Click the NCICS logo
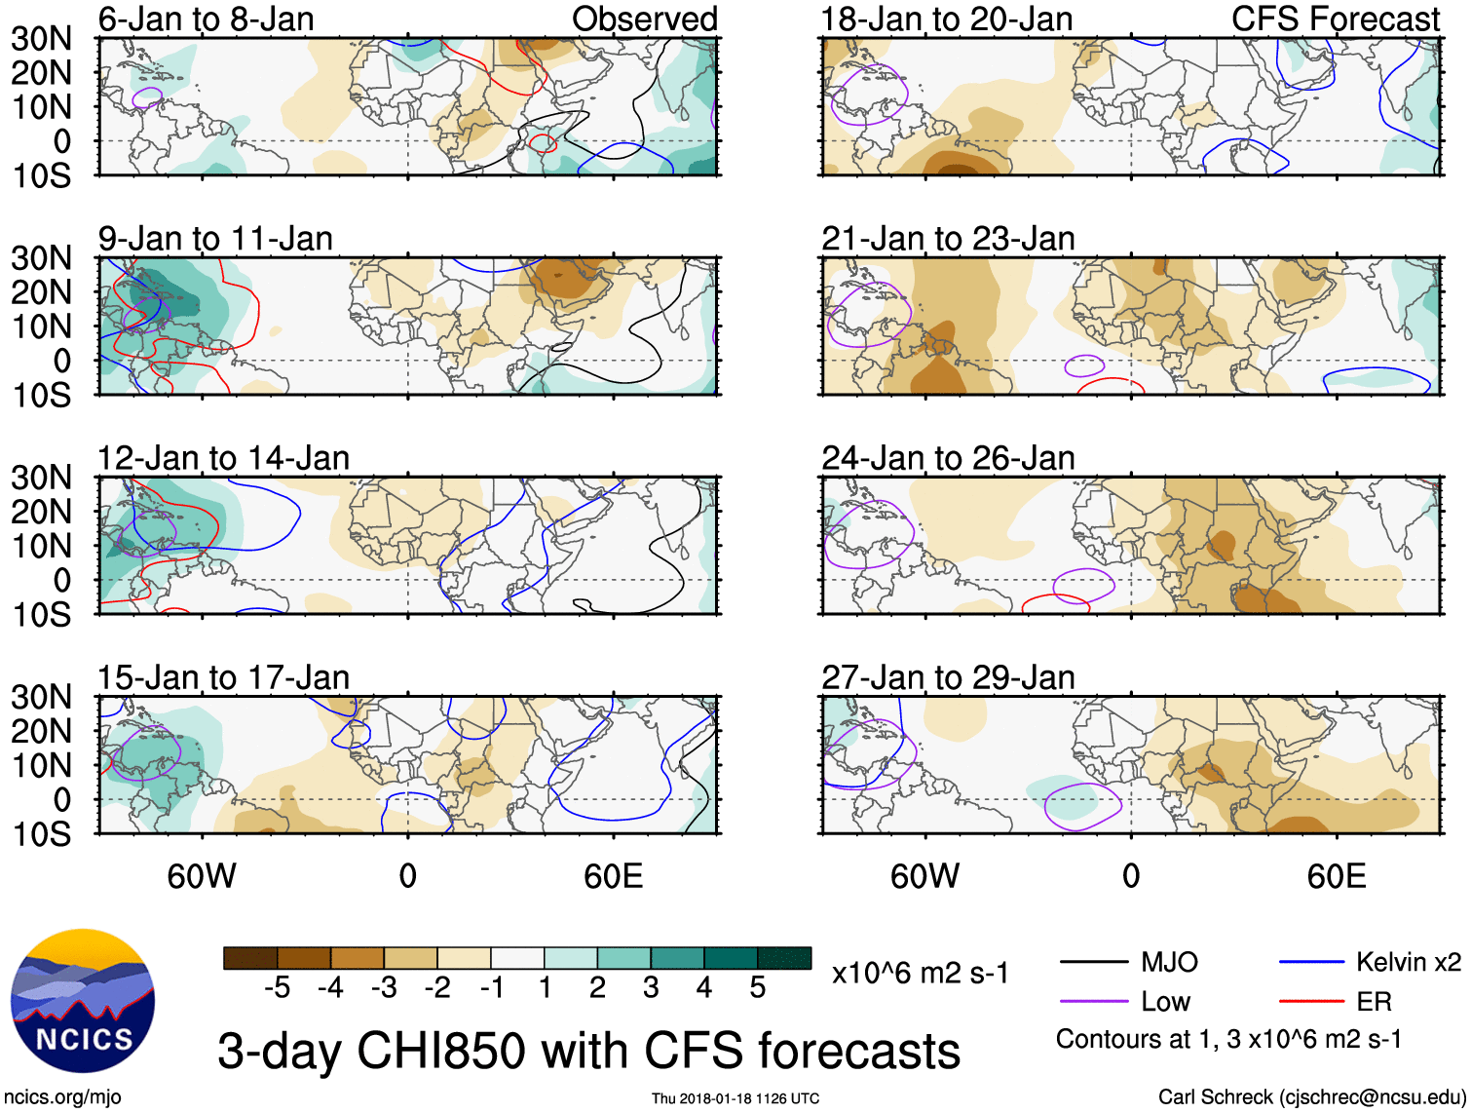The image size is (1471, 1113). click(x=82, y=1000)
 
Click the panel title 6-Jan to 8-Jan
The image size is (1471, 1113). click(x=206, y=19)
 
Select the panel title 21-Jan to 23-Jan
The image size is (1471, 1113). click(x=947, y=239)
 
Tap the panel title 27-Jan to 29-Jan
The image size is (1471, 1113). click(x=947, y=677)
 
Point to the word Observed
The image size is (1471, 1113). click(x=644, y=19)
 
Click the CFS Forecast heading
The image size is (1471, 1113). click(x=1335, y=19)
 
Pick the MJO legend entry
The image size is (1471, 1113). click(x=1168, y=963)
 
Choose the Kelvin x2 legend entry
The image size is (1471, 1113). click(x=1408, y=963)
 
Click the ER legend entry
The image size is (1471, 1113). click(x=1374, y=1002)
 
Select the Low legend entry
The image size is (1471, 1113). click(x=1165, y=1002)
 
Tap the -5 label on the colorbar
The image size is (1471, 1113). click(x=277, y=988)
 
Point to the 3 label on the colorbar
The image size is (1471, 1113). click(x=651, y=988)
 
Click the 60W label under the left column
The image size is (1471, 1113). click(x=202, y=876)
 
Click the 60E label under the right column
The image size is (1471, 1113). click(x=1336, y=876)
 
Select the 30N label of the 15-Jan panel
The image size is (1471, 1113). click(x=41, y=697)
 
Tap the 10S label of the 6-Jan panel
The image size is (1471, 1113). click(x=41, y=176)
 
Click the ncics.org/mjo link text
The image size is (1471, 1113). click(x=62, y=1097)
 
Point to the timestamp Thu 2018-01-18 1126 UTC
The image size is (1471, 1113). click(x=735, y=1098)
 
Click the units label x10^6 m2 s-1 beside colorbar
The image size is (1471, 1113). click(x=920, y=974)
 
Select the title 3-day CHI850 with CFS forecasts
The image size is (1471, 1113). click(x=588, y=1052)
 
